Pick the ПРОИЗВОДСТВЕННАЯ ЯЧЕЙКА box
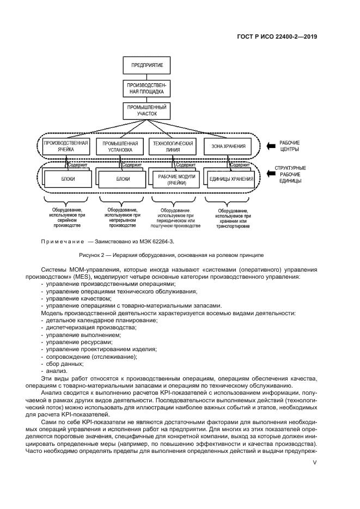click(65, 146)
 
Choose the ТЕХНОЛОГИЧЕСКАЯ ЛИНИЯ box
click(172, 146)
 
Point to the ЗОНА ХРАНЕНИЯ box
click(228, 146)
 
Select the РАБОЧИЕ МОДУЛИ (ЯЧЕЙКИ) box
click(172, 180)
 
